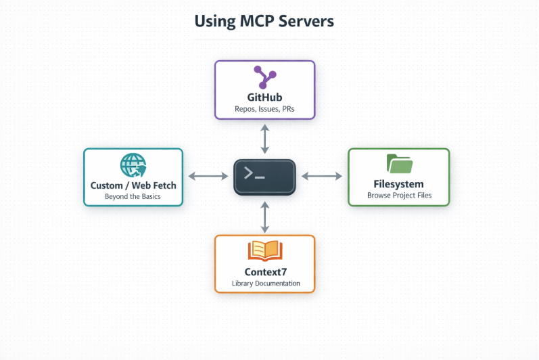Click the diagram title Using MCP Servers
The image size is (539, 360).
tap(264, 22)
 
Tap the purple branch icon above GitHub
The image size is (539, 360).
tap(264, 77)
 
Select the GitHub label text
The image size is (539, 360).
tap(264, 97)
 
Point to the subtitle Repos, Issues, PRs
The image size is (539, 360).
tap(264, 109)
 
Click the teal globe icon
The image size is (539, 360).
tap(133, 165)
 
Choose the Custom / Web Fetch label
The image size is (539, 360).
tap(133, 185)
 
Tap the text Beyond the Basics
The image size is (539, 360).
tap(133, 196)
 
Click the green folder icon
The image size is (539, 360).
tap(400, 164)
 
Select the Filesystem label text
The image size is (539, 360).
tap(398, 184)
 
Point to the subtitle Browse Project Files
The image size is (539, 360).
tap(400, 196)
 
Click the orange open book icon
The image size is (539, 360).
tap(265, 250)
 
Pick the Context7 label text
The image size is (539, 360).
tap(265, 272)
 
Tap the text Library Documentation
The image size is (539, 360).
tap(266, 284)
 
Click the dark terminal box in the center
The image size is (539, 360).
tap(264, 177)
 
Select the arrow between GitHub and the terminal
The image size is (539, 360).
tap(264, 139)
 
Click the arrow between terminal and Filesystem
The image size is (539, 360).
tap(322, 177)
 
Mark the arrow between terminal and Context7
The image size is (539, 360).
tap(264, 217)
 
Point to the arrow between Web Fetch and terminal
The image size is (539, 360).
tap(208, 177)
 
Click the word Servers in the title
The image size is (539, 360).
tap(306, 22)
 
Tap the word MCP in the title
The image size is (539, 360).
tap(257, 22)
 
